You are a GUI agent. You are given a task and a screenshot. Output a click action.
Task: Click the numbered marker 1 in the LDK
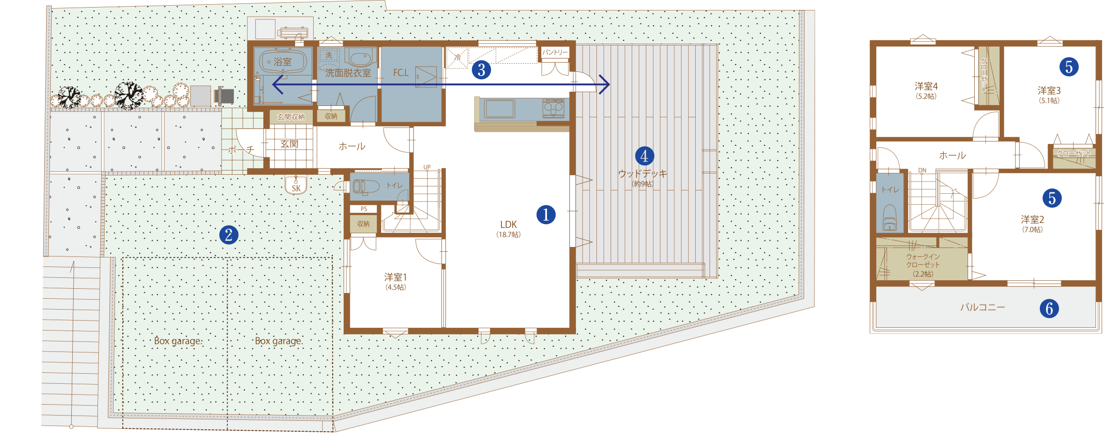(x=546, y=215)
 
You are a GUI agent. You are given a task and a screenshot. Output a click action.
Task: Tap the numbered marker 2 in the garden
(x=229, y=235)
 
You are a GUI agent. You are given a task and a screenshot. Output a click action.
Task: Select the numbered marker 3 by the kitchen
(x=481, y=70)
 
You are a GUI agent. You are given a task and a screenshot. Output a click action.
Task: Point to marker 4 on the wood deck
(x=644, y=156)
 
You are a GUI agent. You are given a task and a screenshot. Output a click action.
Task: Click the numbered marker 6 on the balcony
(x=1049, y=309)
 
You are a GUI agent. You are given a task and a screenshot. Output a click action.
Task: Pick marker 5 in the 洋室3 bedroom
(x=1069, y=67)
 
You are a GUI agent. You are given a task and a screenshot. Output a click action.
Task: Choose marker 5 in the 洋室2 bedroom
(x=1052, y=198)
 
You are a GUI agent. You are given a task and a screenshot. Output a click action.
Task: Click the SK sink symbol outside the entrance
(x=296, y=185)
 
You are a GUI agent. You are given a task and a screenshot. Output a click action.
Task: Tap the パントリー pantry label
(x=555, y=52)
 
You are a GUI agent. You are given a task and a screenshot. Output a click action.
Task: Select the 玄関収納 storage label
(x=291, y=117)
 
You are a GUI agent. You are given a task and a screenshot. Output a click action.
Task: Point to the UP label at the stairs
(x=427, y=167)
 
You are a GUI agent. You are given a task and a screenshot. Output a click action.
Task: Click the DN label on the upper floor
(x=922, y=170)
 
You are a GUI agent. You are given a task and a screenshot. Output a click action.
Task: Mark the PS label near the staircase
(x=364, y=209)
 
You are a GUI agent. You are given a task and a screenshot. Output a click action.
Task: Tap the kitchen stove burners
(x=554, y=108)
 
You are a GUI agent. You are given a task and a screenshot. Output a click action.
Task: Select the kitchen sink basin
(x=499, y=108)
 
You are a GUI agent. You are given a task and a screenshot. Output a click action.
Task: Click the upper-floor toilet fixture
(x=889, y=218)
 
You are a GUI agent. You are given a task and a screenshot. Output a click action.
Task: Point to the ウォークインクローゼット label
(x=923, y=265)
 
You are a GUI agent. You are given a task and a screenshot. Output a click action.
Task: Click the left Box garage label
(x=178, y=341)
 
